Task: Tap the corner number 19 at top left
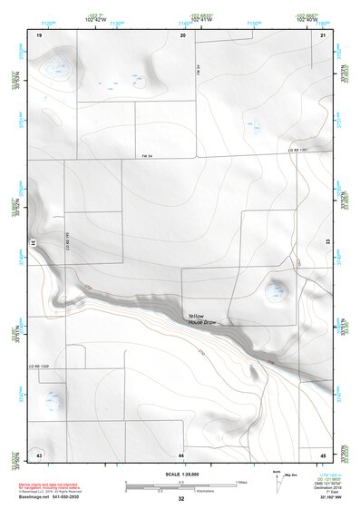39,34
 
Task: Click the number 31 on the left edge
33,243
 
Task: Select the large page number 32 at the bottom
181,499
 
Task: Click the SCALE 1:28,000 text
180,474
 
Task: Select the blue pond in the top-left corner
58,64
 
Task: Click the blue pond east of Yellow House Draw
274,290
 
